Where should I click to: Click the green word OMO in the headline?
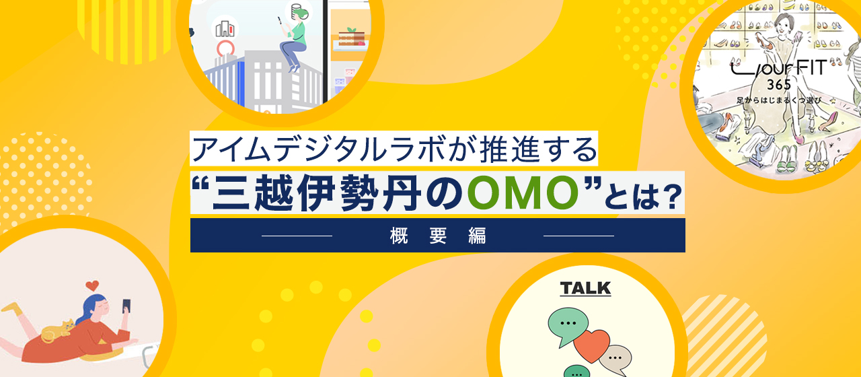coord(523,193)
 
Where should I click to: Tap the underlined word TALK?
coord(585,289)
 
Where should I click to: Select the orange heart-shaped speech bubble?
coord(591,345)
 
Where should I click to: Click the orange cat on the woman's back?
coord(57,331)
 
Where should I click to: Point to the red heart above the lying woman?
coord(93,285)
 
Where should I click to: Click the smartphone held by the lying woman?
coord(126,306)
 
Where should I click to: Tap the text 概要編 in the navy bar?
coord(437,236)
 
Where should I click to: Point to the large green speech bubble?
coord(568,323)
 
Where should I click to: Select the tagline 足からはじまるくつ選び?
coord(782,100)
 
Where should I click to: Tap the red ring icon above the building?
coord(225,49)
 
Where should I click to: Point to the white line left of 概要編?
coord(297,236)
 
